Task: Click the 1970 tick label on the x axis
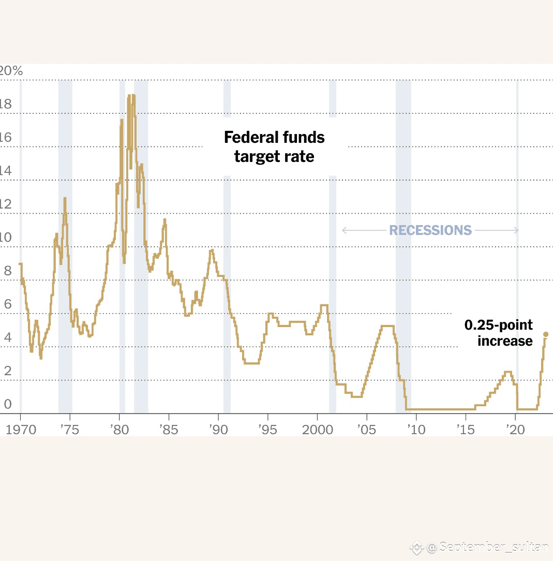point(21,430)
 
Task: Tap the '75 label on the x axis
point(69,430)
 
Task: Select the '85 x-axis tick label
point(169,430)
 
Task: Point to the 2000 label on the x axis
point(316,430)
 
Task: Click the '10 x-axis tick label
point(415,430)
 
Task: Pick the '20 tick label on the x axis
point(514,430)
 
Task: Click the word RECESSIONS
point(430,230)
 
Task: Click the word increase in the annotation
point(505,341)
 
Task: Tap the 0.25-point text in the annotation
point(498,325)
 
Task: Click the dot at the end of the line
point(546,334)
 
